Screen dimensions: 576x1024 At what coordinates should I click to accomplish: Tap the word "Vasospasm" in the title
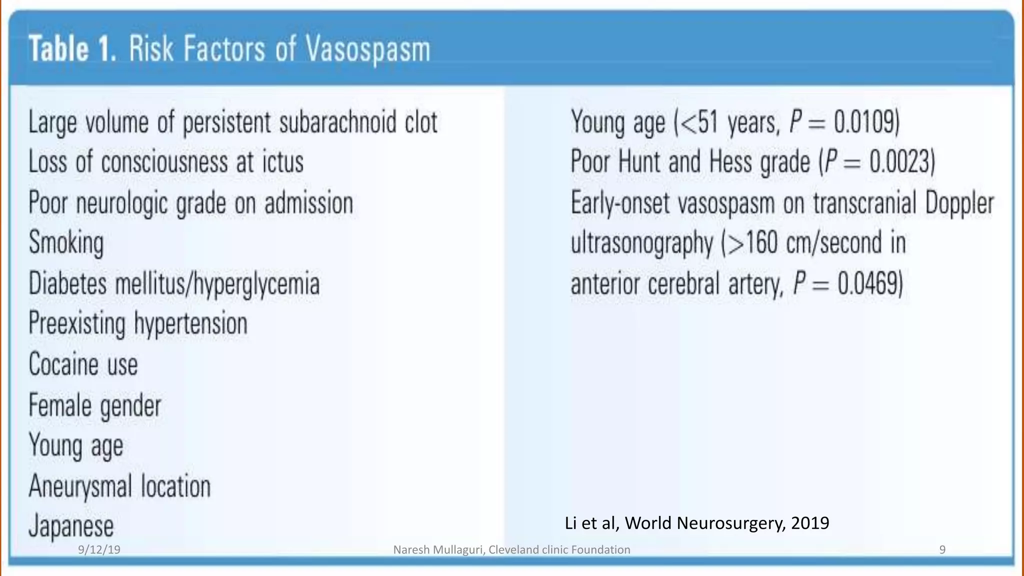367,50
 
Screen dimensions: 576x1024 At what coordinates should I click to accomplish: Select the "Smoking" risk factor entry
66,242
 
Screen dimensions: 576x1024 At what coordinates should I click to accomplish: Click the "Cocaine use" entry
83,364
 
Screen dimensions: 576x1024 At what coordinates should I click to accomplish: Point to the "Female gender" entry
95,405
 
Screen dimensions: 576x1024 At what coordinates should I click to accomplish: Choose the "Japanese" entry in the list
71,526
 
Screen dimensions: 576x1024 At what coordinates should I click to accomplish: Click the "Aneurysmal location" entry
119,486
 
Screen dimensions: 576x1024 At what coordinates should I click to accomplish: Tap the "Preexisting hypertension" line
138,323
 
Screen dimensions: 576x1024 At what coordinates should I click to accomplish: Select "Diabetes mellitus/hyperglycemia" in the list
174,283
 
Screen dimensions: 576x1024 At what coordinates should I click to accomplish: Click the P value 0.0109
865,122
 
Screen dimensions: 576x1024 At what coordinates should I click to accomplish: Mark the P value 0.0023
901,162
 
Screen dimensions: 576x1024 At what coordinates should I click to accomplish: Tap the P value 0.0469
869,283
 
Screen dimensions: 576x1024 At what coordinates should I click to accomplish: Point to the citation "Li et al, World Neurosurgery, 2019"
696,523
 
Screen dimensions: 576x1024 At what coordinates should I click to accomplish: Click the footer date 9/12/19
99,550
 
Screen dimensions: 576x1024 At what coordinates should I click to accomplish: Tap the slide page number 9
942,550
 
